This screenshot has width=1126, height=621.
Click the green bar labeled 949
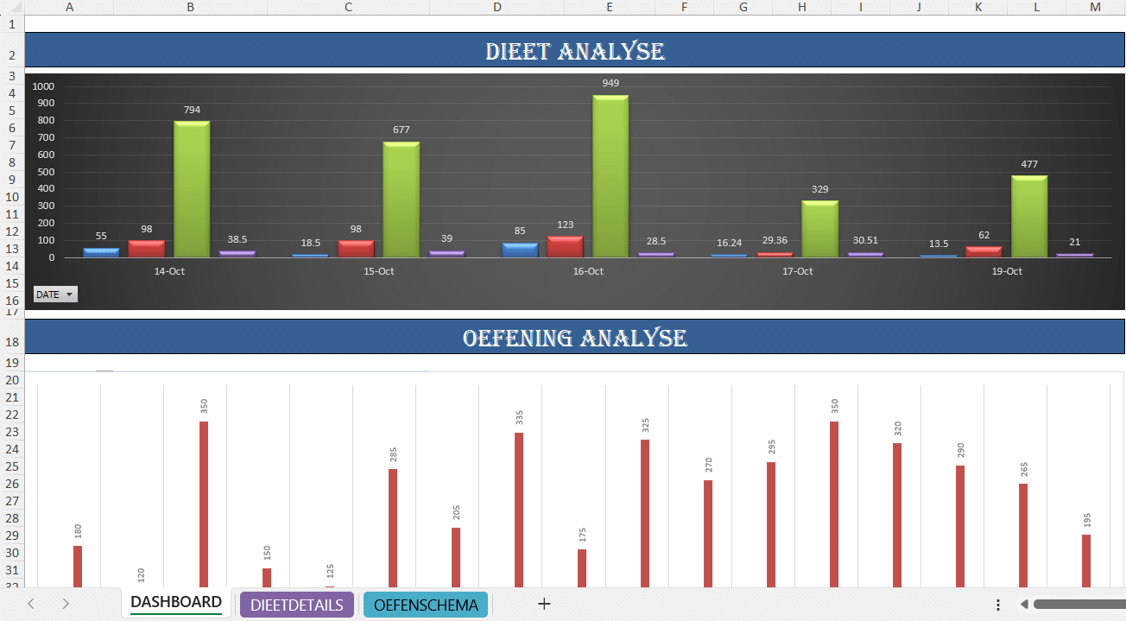pos(610,176)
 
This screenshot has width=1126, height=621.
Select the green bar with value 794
pos(192,189)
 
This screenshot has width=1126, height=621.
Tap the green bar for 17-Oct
pos(819,229)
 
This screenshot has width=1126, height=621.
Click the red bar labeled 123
pos(565,247)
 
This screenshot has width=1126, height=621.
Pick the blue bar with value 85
pos(520,250)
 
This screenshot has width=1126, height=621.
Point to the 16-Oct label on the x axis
pos(588,271)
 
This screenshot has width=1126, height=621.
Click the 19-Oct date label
pos(1007,271)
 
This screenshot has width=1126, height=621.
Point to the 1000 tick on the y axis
pos(43,86)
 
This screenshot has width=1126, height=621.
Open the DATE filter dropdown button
pos(55,295)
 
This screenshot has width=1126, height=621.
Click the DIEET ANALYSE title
pos(575,51)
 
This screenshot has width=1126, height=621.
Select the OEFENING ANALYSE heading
pos(575,337)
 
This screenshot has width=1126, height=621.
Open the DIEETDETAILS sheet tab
pos(297,605)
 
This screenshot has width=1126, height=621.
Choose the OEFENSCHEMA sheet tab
pos(426,605)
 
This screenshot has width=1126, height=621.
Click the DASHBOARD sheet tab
pos(176,602)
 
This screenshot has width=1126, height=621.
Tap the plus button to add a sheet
pos(544,605)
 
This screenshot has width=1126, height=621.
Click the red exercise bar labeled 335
pos(519,510)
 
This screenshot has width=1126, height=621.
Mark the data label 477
pos(1029,164)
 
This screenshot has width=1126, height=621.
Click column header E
pos(610,7)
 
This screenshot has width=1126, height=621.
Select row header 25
pos(12,466)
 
